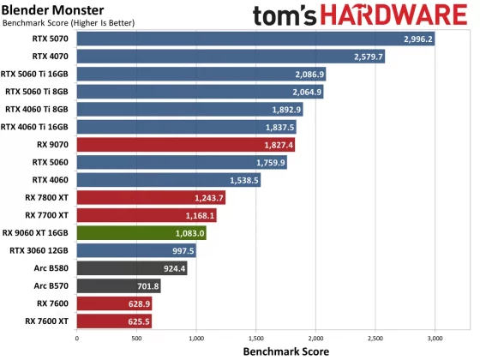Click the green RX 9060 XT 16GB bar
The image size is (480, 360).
tap(141, 232)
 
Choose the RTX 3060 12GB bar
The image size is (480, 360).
tap(136, 250)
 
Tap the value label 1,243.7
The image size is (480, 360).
tap(209, 198)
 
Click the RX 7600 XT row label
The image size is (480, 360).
tap(49, 321)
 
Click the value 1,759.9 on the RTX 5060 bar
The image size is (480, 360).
tap(270, 162)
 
